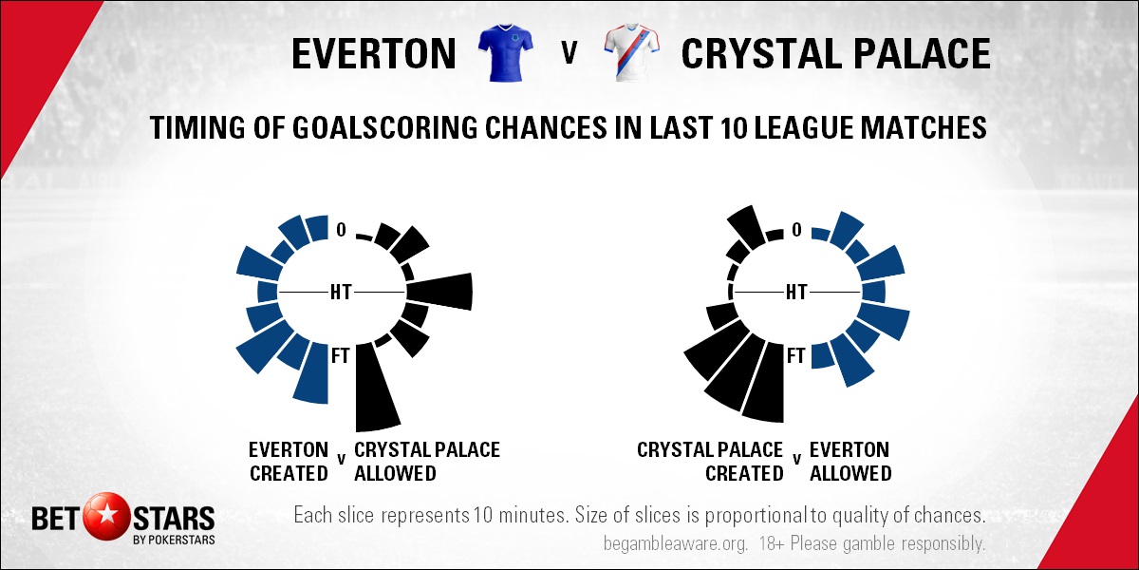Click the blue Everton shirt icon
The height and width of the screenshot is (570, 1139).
tap(506, 52)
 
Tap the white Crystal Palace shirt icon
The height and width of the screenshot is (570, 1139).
tap(631, 52)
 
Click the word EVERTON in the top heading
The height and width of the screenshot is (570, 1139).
tap(374, 54)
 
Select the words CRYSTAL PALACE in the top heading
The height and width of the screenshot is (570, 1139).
tap(835, 54)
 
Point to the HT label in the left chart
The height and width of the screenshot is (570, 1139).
tap(341, 293)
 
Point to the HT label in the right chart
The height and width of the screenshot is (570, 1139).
tap(796, 293)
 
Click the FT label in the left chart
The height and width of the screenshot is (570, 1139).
tap(341, 355)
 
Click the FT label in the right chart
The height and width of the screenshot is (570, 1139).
tap(796, 355)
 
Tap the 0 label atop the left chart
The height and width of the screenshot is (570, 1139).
tap(341, 230)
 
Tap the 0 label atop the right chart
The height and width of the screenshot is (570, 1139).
tap(796, 230)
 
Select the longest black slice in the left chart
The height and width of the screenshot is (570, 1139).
tap(377, 387)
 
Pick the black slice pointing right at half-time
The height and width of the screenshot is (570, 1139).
tap(440, 292)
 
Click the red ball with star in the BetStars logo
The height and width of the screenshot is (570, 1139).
tap(106, 518)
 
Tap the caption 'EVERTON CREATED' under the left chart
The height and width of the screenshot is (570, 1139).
tap(289, 462)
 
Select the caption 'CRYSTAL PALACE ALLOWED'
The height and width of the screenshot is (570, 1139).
tap(426, 462)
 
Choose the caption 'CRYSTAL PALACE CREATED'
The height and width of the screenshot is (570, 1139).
tap(710, 462)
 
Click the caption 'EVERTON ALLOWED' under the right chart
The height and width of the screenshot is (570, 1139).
tap(850, 462)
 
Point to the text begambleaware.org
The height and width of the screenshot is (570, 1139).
tap(675, 543)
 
